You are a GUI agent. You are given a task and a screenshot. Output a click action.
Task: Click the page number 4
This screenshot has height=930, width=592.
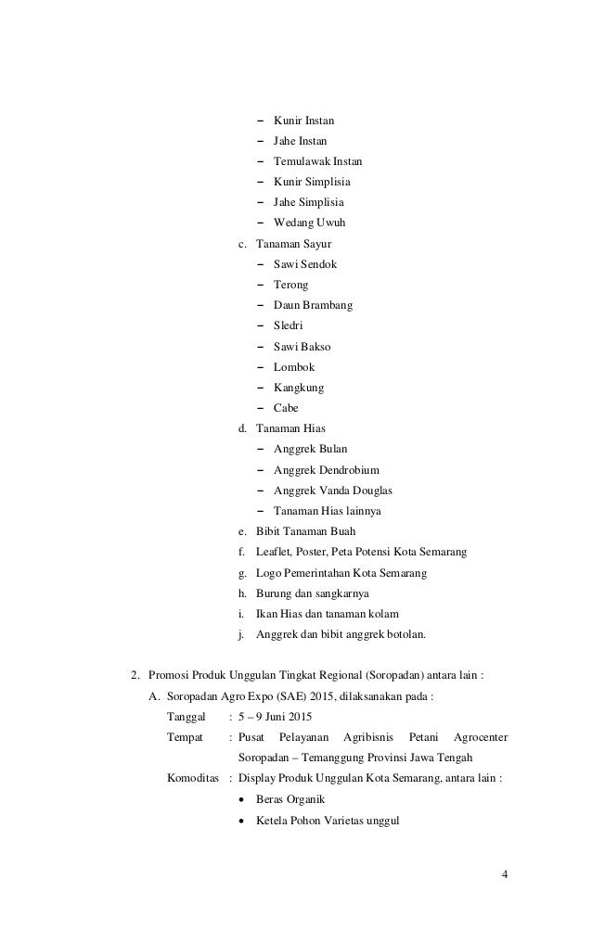coord(505,874)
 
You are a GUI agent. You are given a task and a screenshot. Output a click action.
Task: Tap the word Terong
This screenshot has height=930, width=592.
coord(290,285)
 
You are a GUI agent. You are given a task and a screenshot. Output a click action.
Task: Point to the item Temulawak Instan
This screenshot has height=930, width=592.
coord(317,161)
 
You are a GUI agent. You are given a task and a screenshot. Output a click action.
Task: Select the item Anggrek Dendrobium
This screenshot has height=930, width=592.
coord(326,470)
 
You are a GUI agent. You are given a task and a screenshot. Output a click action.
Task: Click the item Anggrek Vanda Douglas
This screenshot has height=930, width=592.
coord(332,490)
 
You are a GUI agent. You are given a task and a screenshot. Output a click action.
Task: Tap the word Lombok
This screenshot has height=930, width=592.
coord(294,367)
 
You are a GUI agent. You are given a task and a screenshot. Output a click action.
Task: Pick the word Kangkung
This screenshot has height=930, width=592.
coord(299,388)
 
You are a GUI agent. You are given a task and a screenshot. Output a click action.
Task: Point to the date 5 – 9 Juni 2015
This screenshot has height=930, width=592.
coord(276,718)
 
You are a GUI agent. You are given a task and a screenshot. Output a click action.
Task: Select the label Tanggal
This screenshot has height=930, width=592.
coord(187,718)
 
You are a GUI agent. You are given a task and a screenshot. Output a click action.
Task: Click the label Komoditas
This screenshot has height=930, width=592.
coord(193,779)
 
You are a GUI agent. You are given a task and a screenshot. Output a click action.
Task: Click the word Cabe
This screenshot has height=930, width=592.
coord(286,408)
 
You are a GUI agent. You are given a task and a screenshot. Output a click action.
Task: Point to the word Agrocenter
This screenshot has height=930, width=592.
coord(481,738)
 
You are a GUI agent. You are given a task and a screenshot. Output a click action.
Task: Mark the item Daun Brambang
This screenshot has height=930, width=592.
coord(313,305)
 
